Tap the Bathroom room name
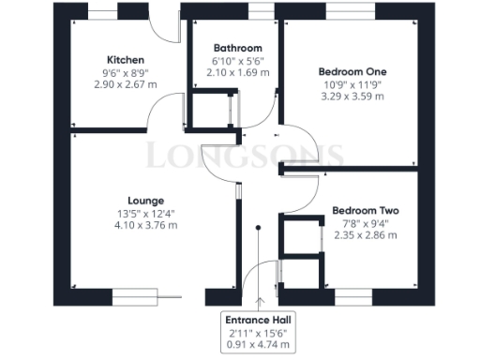[x=237, y=48]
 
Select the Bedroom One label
[x=352, y=71]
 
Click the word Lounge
[x=146, y=200]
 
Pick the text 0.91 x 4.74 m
[x=257, y=345]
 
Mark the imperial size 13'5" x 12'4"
[x=146, y=214]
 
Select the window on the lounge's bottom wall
[x=135, y=295]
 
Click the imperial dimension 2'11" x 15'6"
[x=257, y=333]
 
